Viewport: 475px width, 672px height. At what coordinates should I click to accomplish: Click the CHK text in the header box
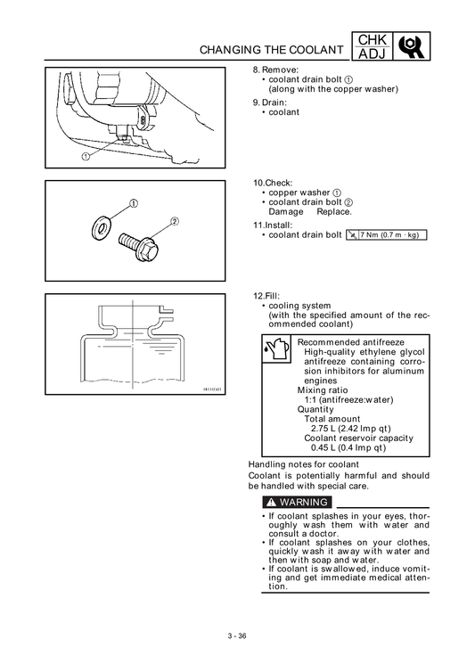373,39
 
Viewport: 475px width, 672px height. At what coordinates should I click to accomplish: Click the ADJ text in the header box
373,53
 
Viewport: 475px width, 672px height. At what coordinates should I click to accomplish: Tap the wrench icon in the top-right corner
412,45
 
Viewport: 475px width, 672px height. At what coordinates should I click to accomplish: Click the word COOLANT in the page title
316,50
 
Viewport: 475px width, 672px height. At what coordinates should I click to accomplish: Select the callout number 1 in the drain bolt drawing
86,157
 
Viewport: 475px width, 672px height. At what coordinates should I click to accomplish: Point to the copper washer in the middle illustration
102,228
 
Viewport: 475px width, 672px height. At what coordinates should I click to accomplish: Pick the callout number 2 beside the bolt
175,222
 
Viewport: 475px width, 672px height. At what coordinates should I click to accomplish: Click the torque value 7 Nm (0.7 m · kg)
389,235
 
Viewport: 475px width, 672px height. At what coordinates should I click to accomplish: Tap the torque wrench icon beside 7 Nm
352,235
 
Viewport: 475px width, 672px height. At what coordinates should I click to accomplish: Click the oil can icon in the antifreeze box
276,348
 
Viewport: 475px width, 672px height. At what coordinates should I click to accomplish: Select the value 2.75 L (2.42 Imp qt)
350,429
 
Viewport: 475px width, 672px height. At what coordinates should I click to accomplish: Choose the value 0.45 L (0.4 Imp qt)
348,448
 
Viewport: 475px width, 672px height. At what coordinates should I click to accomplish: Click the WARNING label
297,502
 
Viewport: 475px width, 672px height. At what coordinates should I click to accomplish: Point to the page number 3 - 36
237,636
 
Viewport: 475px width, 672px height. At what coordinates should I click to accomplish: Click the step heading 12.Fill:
266,296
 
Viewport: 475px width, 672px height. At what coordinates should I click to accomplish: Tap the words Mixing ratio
323,390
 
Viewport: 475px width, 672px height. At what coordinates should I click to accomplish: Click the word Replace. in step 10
334,212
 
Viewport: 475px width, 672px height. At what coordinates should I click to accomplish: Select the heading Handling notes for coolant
304,464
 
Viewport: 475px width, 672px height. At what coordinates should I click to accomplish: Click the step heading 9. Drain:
270,102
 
